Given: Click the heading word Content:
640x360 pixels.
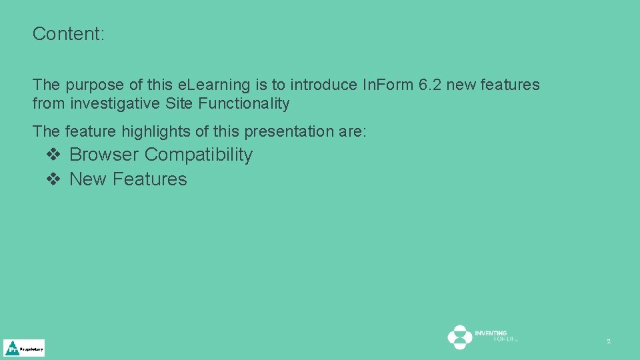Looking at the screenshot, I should tap(69, 34).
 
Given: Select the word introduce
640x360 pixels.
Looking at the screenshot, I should tap(323, 85).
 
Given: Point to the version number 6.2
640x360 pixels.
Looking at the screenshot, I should tap(423, 85).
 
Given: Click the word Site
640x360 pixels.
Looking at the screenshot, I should tap(179, 104).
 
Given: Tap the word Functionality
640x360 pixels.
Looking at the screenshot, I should tap(244, 104).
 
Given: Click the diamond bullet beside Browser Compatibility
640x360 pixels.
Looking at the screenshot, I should tap(54, 155).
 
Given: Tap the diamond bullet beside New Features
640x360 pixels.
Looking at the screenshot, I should tap(54, 179).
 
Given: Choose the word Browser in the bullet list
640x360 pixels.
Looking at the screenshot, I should tap(104, 155).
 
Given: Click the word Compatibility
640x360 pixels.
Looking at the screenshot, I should tap(199, 155).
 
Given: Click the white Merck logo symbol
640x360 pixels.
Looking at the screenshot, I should tap(459, 337).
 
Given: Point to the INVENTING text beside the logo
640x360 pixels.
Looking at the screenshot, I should tap(491, 333).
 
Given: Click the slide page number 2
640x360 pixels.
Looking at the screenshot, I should tap(608, 341).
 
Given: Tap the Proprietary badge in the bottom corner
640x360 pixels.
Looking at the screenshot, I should tap(24, 348).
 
